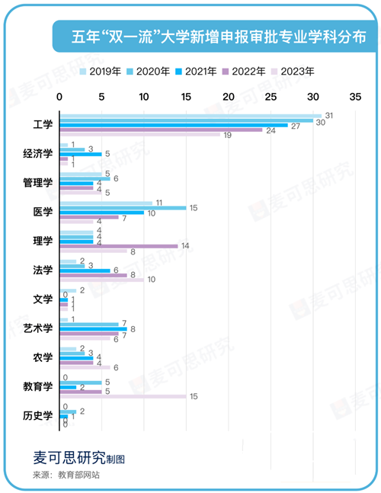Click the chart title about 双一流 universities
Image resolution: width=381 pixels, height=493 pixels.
(218, 37)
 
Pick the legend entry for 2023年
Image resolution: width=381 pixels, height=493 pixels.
(290, 71)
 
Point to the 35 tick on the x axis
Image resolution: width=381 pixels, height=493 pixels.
(354, 98)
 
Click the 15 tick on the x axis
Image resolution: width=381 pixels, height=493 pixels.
(185, 98)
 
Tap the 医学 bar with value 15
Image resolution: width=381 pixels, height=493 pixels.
(122, 207)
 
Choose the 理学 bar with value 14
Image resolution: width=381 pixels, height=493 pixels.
(118, 246)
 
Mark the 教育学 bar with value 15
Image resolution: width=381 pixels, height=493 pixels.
(122, 396)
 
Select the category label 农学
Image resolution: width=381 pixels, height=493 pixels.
(43, 357)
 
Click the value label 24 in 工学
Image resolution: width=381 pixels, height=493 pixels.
(270, 130)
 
